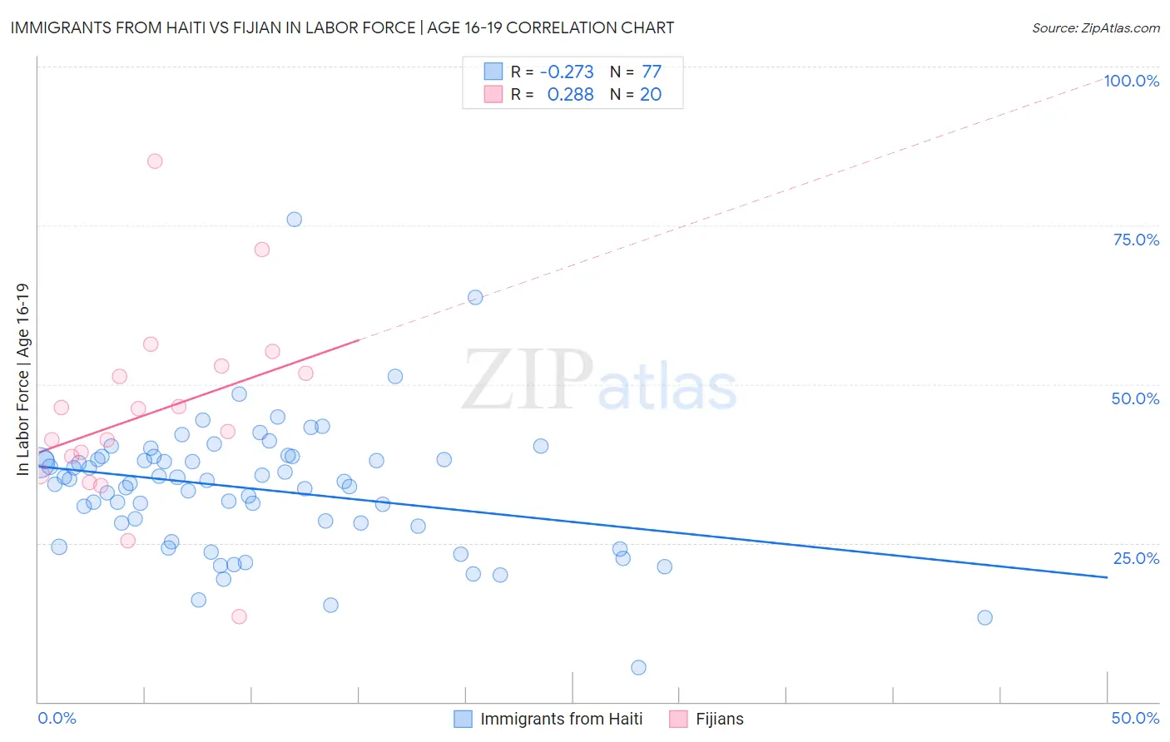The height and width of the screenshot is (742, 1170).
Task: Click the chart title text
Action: (x=342, y=27)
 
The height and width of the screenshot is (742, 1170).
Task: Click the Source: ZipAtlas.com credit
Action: (x=1095, y=27)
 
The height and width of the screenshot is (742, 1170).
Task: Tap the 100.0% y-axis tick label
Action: (x=1131, y=81)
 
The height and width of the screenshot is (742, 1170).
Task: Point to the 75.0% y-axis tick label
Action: (x=1136, y=240)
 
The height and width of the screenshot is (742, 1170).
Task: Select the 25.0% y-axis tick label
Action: (x=1136, y=558)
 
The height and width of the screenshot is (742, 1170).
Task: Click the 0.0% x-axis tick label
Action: (x=57, y=718)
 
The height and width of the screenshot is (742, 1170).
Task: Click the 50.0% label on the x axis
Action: (x=1135, y=718)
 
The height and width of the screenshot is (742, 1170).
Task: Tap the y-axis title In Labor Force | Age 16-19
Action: (x=22, y=379)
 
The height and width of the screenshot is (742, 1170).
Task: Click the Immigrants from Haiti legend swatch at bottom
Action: (x=464, y=719)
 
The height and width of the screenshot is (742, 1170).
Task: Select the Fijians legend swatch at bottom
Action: (x=679, y=719)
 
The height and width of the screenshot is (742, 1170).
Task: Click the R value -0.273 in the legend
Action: (x=567, y=72)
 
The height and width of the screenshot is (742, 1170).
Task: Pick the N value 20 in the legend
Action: (x=651, y=95)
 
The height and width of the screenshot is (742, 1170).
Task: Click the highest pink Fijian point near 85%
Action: (x=155, y=161)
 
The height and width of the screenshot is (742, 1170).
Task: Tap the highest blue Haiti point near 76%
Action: (x=294, y=220)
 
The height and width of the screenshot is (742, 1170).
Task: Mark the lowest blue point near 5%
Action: (x=638, y=667)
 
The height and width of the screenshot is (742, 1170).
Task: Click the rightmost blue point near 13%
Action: (x=984, y=617)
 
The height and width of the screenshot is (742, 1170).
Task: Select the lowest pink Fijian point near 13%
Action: (x=239, y=616)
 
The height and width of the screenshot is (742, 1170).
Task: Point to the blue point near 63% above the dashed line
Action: (x=475, y=297)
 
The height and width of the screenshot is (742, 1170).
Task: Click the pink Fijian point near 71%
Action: (x=262, y=250)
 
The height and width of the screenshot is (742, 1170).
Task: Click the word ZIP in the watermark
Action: (x=527, y=380)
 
